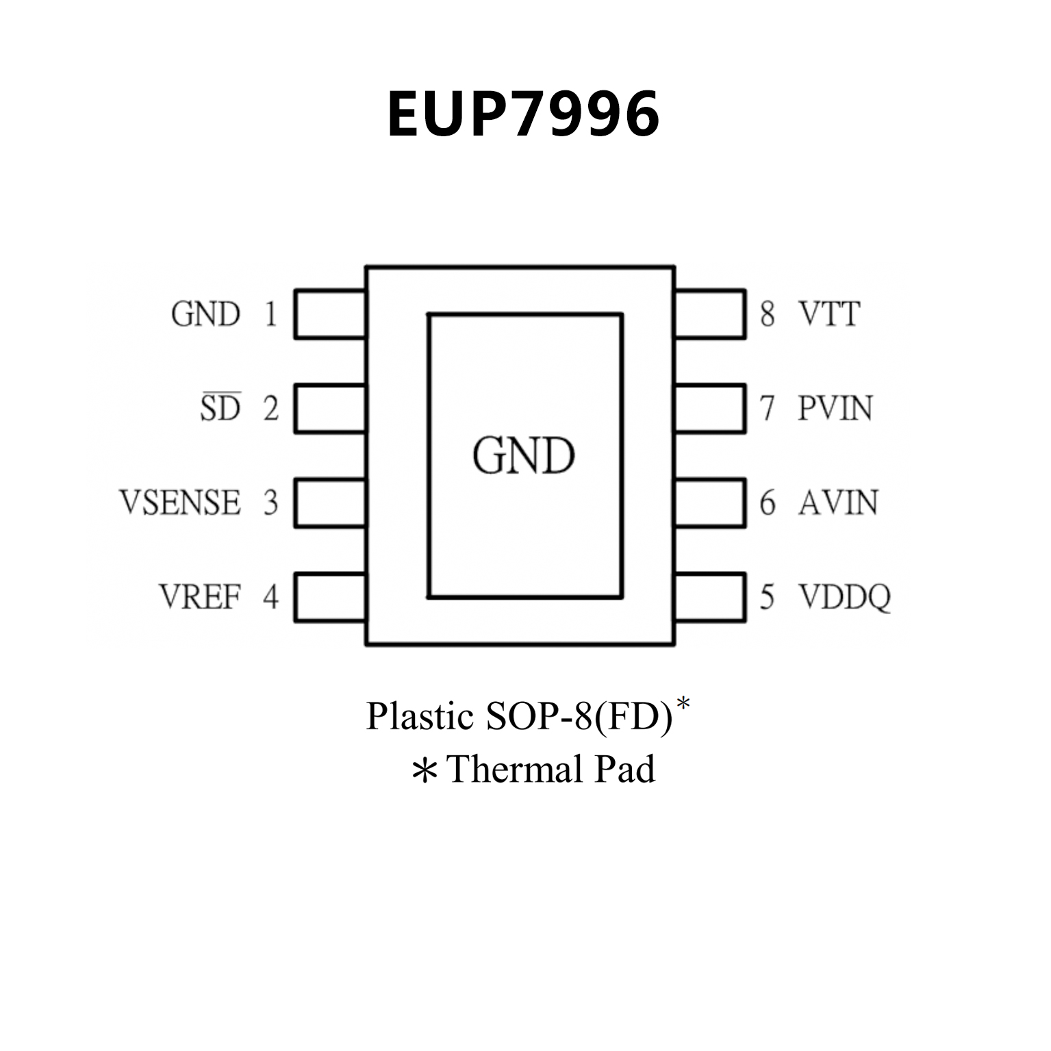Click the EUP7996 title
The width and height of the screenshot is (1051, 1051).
(x=524, y=114)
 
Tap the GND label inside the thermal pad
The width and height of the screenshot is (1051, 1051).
(x=524, y=456)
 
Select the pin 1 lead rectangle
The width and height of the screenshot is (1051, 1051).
(x=330, y=314)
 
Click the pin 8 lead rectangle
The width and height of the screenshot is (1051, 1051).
(x=710, y=314)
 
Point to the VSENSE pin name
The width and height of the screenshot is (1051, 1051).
(x=181, y=503)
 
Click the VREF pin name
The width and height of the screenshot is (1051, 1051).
(x=200, y=596)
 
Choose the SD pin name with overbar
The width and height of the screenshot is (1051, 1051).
(x=220, y=408)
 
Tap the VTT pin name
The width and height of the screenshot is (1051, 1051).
(x=829, y=314)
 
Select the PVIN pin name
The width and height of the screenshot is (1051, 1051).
(x=835, y=409)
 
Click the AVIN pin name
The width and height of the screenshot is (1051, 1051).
(x=838, y=503)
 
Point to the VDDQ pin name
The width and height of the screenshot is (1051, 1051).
(x=845, y=597)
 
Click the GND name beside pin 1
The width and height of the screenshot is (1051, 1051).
(x=205, y=315)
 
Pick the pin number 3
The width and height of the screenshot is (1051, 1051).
(x=271, y=503)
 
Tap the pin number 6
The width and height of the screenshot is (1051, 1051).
(x=768, y=503)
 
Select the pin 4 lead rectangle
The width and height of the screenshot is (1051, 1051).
(x=330, y=597)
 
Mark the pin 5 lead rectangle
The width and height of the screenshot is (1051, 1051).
(x=710, y=597)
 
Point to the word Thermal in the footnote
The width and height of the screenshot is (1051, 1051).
(x=515, y=769)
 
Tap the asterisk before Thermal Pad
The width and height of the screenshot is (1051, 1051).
(x=425, y=771)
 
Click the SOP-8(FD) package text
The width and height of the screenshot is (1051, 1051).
(x=579, y=716)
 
